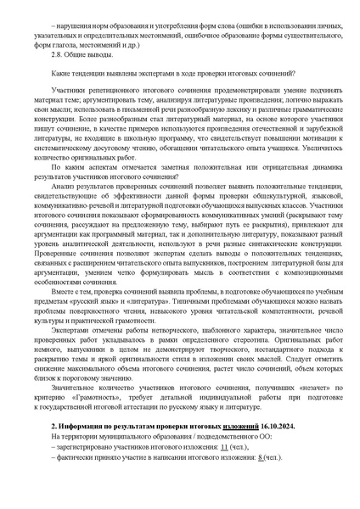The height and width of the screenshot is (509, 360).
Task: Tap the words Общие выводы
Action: point(82,54)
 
